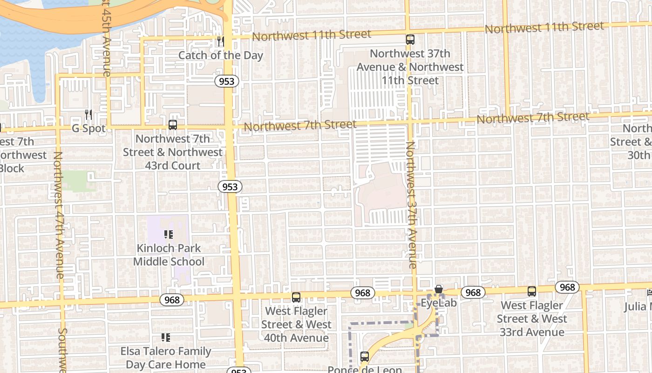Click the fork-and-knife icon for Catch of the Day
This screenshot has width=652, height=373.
coord(220,41)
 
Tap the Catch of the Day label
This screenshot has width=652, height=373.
coord(221,55)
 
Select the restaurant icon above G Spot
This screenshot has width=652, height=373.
coord(88,114)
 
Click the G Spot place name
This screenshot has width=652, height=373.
coord(88,128)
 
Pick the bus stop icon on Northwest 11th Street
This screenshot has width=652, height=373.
coord(410,40)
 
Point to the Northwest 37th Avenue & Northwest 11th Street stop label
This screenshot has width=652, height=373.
coord(410,67)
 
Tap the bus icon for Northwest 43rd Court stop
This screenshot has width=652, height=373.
coord(173,125)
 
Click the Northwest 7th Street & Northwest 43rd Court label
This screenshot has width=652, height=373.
coord(173,152)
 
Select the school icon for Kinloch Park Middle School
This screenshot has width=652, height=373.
coord(169,235)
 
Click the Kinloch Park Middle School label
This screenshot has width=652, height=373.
coord(169,255)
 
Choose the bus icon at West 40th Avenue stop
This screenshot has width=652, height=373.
coord(296,297)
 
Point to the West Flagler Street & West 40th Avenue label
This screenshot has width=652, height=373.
coord(296,325)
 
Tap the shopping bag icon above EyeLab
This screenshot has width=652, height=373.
coord(438,289)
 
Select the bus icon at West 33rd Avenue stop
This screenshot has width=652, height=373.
coord(532,291)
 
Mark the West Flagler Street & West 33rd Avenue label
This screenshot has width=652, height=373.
coord(532,319)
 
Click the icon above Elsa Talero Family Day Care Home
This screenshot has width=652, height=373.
coord(165,337)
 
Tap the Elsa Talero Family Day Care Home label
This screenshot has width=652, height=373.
coord(166,358)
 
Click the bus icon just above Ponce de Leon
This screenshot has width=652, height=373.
coord(365,357)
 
